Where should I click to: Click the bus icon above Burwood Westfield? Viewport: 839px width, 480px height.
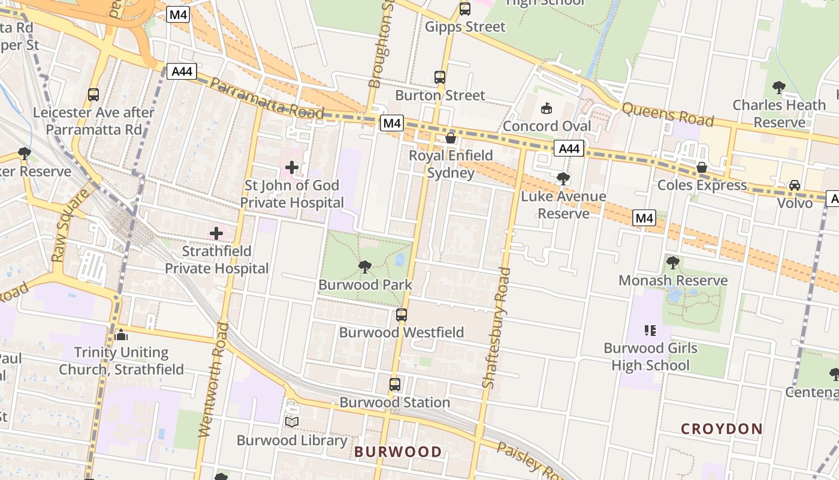402,314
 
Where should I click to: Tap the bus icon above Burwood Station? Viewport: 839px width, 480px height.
394,385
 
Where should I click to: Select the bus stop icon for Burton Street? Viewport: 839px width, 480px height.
440,77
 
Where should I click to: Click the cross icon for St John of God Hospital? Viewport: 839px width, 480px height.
292,167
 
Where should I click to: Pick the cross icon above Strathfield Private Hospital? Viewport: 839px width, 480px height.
216,233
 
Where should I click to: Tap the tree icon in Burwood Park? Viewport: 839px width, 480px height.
364,267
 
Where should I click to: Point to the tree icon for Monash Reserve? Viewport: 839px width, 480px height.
672,263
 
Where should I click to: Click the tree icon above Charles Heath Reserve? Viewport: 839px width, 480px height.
779,88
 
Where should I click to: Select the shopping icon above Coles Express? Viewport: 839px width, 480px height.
701,167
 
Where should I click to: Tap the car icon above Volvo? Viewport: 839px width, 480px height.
795,185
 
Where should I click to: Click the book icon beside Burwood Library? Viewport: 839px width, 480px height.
292,422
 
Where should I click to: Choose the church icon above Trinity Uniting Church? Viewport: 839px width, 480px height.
121,335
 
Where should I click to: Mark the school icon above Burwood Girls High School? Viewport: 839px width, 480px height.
650,331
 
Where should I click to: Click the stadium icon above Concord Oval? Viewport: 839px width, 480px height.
546,109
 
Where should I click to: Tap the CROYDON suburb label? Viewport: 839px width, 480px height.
722,429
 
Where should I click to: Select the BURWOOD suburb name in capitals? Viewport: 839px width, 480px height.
398,452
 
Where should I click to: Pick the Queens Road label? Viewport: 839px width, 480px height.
668,114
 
